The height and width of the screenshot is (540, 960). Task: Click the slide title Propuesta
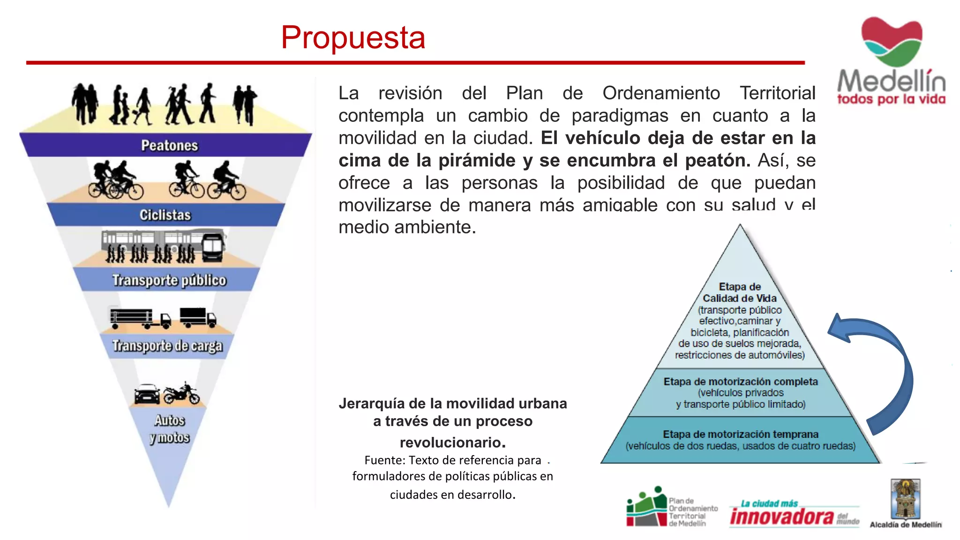coord(353,37)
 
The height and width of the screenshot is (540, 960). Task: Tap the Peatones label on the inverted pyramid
coord(169,145)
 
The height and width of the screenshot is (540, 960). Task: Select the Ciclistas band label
coord(165,215)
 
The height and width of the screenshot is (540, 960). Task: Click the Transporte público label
coord(169,280)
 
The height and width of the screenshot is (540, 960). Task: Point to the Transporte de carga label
coord(167,346)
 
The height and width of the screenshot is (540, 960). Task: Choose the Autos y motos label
coord(170,428)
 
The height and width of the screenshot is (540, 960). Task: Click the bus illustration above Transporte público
coord(164,245)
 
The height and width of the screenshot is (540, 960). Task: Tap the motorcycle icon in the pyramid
coord(182,393)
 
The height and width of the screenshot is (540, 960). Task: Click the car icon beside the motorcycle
coord(147,394)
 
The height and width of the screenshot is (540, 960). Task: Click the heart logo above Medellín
coord(892,41)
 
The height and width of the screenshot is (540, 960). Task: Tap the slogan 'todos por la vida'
coord(891,99)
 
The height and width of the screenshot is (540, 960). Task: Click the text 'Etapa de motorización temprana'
coord(740,434)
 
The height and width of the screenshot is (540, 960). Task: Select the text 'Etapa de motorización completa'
coord(740,382)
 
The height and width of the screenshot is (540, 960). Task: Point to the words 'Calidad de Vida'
coord(739,298)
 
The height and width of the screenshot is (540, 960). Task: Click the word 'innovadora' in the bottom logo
coord(781,517)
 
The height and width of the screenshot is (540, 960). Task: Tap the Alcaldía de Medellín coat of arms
coord(905,499)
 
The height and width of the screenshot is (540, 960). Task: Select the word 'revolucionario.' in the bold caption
coord(452,442)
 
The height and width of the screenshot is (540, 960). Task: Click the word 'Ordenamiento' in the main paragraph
coord(661,93)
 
